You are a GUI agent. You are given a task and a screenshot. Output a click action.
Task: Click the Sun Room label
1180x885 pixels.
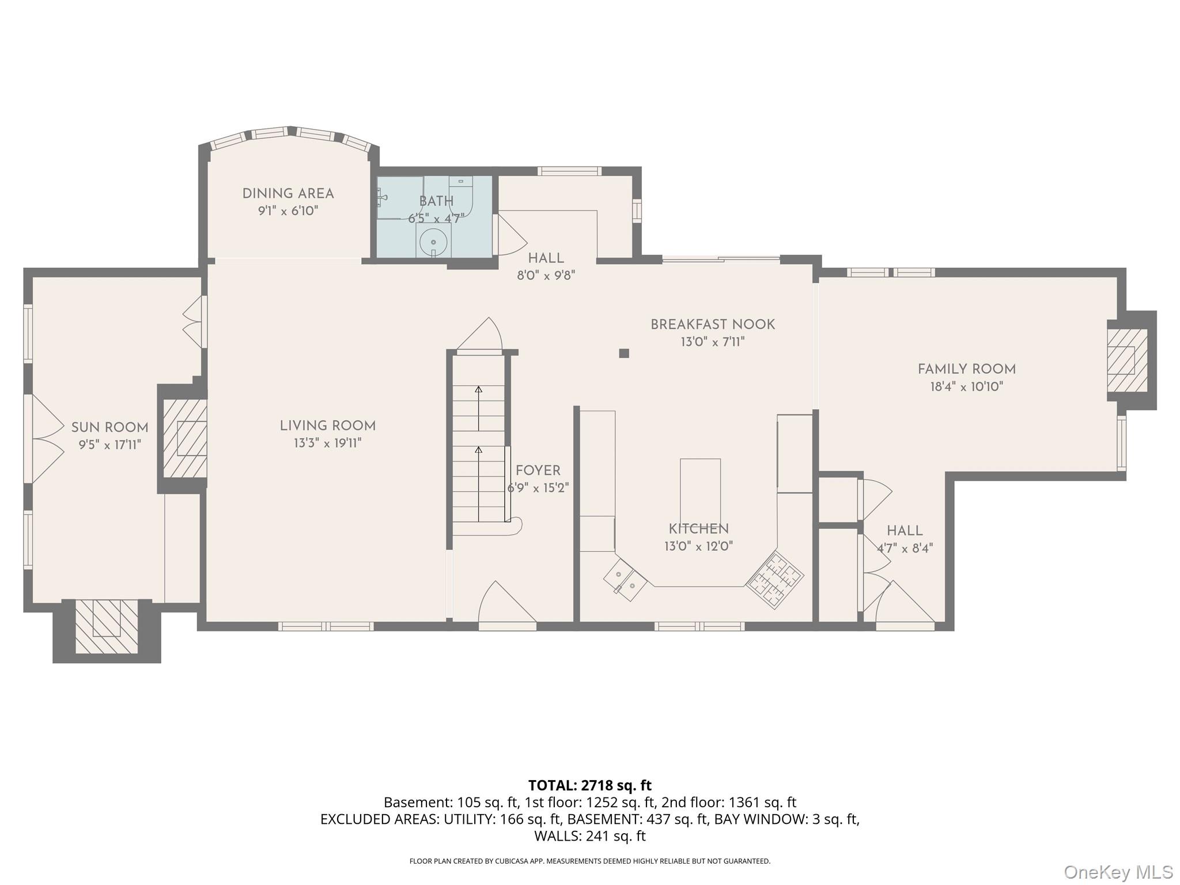[x=109, y=428]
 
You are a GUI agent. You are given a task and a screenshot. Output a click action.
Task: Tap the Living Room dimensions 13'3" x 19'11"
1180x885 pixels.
[x=328, y=443]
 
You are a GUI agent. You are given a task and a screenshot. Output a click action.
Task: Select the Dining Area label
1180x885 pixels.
[x=288, y=194]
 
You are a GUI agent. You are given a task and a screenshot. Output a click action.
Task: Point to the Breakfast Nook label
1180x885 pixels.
[x=713, y=324]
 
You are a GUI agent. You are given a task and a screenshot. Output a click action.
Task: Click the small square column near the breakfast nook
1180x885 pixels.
[x=624, y=353]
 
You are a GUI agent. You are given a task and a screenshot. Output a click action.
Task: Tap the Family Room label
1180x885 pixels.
[x=967, y=369]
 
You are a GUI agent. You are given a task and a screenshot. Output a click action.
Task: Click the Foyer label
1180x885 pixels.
[x=538, y=471]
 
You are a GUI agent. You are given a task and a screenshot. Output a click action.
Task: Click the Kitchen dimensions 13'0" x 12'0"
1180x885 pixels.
[x=698, y=546]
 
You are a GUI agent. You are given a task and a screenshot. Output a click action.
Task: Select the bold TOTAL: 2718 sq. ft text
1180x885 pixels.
[x=590, y=785]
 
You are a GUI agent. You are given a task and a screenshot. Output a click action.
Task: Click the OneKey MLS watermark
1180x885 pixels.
[x=1118, y=872]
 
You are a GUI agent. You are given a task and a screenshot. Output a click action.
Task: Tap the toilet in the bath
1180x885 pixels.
[x=460, y=193]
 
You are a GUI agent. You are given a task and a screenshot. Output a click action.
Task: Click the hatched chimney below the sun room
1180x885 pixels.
[x=107, y=626]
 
